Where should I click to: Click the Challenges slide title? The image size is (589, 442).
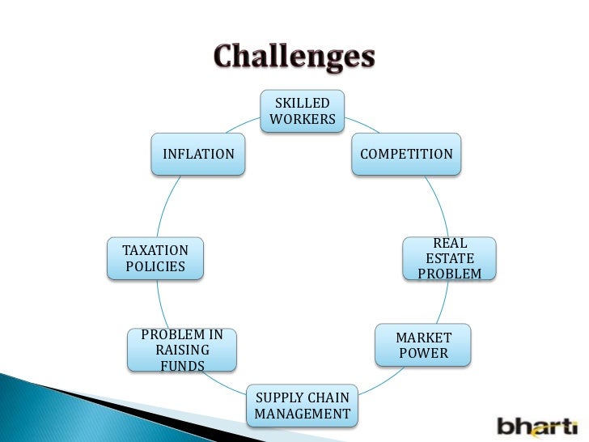pos(294,57)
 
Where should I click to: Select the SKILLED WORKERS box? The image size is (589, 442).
pos(303,112)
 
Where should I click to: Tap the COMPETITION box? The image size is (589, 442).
pos(406,154)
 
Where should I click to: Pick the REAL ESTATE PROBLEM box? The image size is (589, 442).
pos(450,258)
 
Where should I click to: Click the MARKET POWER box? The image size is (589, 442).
pos(423,346)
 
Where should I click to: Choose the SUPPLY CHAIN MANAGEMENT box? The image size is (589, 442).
pos(303,406)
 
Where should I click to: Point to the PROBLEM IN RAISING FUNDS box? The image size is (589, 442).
pos(182,350)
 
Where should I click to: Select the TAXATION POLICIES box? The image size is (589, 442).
pos(155,258)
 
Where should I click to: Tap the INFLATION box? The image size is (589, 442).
pos(198,154)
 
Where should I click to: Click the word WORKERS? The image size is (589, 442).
pos(303,120)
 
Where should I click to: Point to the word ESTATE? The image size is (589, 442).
pos(450,258)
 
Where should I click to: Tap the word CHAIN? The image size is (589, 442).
pos(330,397)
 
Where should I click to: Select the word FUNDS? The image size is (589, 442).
pos(182,366)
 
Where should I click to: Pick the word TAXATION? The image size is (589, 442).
pos(155,250)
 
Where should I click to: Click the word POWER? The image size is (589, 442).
pos(423,354)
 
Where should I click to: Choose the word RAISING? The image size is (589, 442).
pos(182,350)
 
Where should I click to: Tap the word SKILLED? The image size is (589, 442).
pos(303,104)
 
